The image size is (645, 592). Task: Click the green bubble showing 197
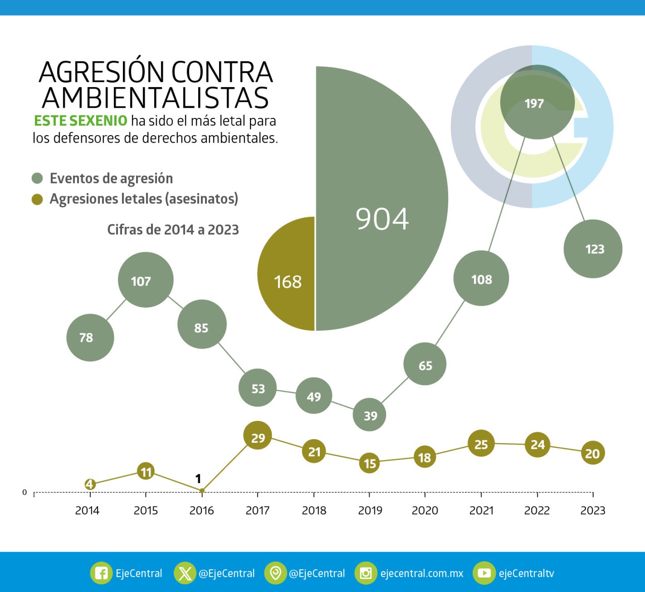536,103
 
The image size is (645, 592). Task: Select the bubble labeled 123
593,249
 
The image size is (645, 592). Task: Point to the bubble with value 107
146,280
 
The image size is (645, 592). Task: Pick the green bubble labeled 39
369,415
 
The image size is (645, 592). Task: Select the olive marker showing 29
258,436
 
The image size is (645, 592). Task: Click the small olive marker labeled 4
90,484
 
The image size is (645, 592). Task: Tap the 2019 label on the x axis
370,511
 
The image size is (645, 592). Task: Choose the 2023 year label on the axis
592,511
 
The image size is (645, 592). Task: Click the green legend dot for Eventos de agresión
37,178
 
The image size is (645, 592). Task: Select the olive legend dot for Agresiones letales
37,199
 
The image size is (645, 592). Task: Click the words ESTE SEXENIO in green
81,121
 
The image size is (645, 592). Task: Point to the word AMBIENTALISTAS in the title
155,98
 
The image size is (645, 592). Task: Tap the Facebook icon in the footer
101,573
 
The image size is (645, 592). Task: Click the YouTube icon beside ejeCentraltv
484,573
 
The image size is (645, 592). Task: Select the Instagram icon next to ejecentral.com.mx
365,573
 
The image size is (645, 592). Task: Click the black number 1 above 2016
198,479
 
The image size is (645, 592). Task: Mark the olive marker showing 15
369,463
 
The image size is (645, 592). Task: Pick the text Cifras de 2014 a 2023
173,229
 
